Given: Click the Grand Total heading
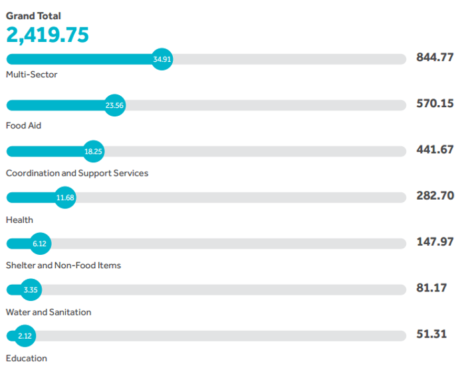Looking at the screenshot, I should tap(33, 15).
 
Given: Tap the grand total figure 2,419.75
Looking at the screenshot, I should tap(47, 35).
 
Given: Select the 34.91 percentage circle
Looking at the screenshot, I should tap(162, 59).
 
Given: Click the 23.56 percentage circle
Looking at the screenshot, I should tap(115, 105).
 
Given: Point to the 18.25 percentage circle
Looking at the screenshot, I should tap(93, 151).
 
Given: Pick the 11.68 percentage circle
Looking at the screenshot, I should tap(65, 197).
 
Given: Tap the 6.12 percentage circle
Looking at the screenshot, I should tap(40, 244).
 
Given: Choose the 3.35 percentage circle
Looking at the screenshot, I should tap(30, 289).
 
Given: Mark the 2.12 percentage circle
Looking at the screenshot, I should tap(25, 336).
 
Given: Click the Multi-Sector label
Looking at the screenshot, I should tap(31, 75).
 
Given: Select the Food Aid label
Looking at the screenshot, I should tap(23, 125).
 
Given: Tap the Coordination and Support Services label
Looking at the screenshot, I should tap(77, 173).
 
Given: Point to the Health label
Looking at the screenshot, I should tap(19, 220).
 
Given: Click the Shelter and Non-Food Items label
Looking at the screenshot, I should tap(63, 266).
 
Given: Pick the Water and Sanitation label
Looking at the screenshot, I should tap(49, 312).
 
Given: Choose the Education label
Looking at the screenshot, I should tap(27, 358).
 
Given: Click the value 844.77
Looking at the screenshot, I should tap(435, 57).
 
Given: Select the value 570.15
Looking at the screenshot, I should tap(435, 104).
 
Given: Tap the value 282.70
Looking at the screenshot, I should tap(435, 196).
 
